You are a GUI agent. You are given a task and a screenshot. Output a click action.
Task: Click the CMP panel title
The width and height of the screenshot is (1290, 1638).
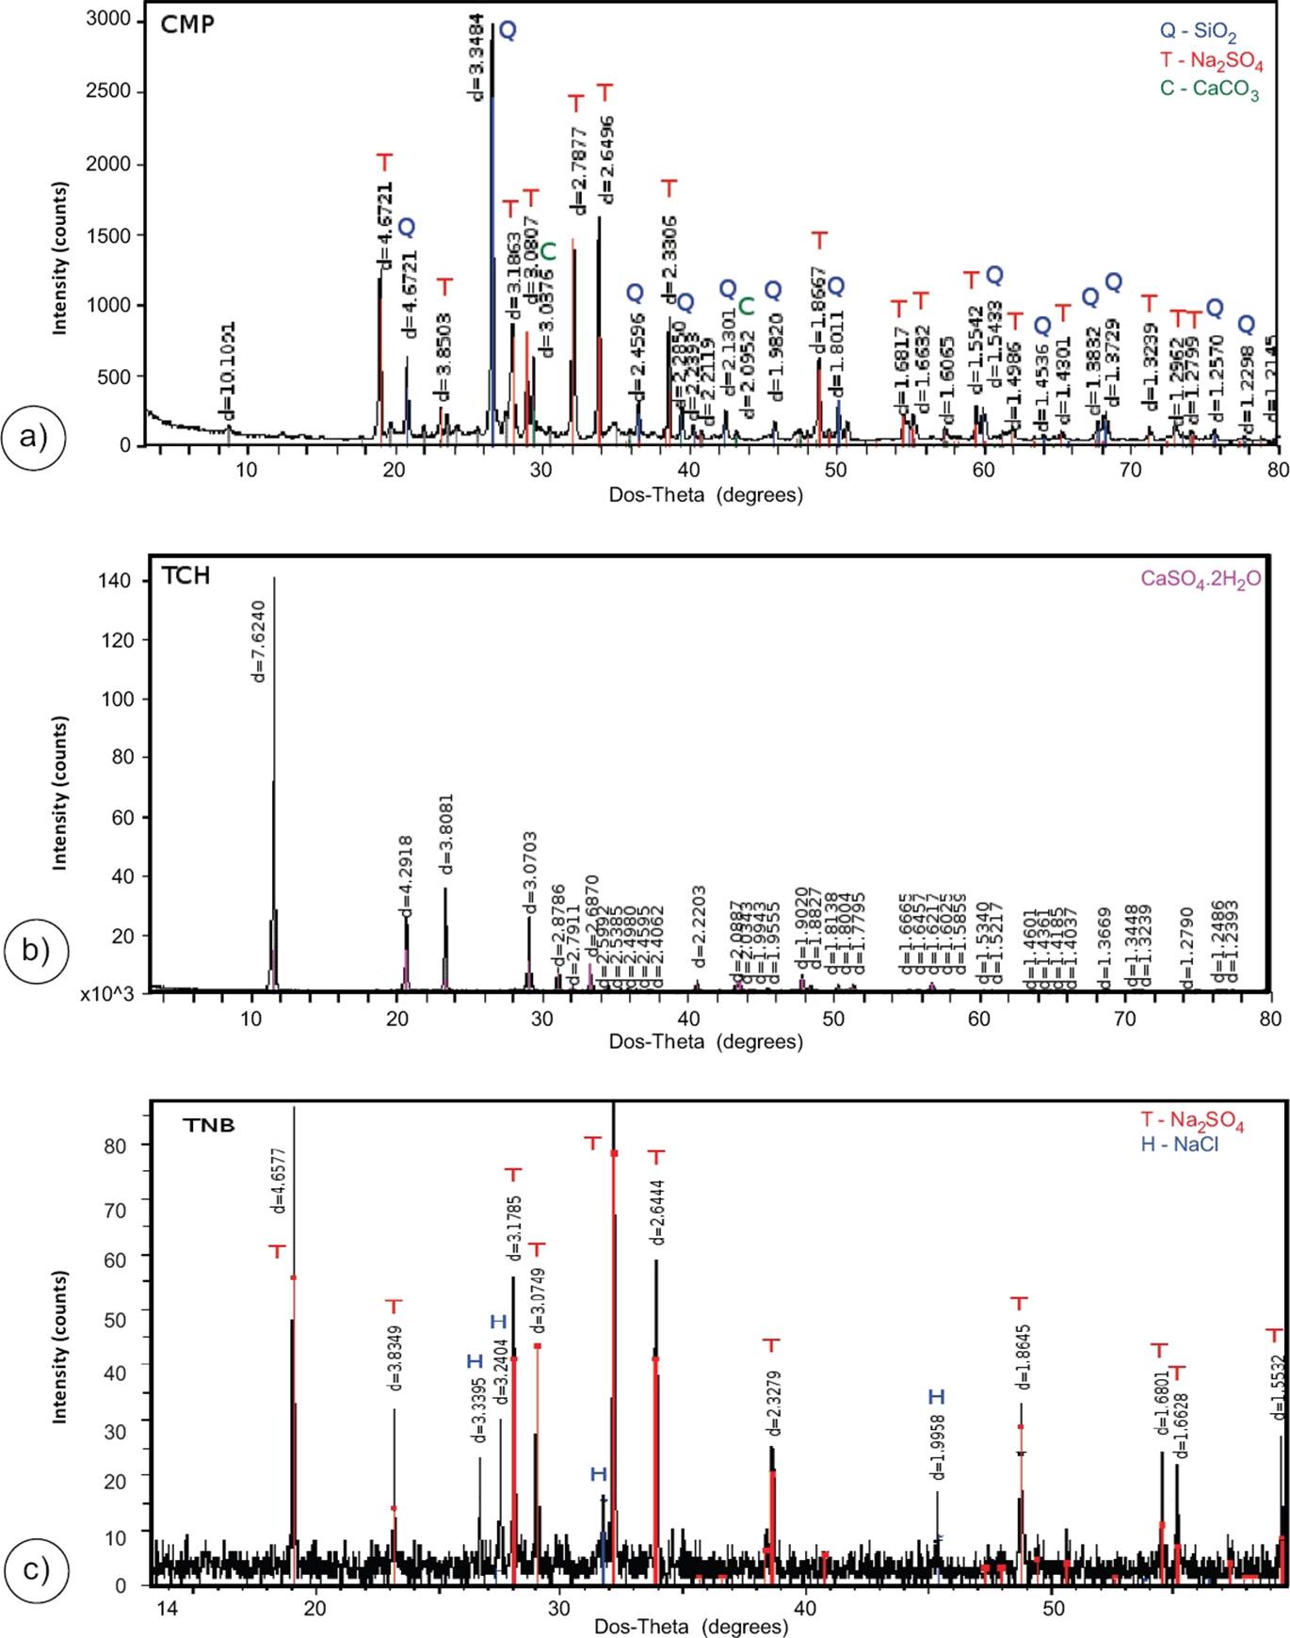click(187, 24)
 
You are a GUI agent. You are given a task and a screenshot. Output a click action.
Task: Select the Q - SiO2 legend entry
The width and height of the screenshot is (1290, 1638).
click(1198, 32)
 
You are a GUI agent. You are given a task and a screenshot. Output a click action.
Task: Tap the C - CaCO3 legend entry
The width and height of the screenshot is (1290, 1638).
click(1209, 89)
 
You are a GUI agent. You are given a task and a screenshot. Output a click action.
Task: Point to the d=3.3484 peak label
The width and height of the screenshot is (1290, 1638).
click(476, 56)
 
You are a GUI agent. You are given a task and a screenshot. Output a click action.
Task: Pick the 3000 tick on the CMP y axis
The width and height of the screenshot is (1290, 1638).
click(108, 20)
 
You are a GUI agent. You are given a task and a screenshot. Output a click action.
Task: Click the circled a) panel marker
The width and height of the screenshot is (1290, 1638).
click(34, 437)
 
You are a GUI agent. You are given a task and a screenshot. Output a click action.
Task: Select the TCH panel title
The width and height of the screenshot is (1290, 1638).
click(185, 575)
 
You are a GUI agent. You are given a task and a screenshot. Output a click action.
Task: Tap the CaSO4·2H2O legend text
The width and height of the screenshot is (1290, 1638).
click(1201, 579)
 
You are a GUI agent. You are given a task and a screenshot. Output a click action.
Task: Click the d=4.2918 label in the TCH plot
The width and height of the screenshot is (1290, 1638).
click(406, 875)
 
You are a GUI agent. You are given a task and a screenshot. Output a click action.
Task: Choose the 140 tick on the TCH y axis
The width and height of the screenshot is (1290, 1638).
click(114, 581)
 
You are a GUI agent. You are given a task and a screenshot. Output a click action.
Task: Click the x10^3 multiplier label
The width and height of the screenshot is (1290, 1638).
click(107, 994)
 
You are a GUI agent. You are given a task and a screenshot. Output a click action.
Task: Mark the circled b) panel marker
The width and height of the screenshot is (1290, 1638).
click(34, 949)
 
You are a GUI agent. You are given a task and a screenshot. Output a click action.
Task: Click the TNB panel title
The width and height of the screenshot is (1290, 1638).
click(209, 1125)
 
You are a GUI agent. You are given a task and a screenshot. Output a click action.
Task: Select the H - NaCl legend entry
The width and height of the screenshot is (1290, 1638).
click(1179, 1145)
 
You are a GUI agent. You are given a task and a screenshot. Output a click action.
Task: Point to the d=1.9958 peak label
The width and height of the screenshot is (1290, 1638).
click(938, 1448)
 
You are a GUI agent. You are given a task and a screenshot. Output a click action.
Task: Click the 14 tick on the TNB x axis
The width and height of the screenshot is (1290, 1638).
click(166, 1607)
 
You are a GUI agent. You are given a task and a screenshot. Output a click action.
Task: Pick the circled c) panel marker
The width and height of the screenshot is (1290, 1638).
click(35, 1569)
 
